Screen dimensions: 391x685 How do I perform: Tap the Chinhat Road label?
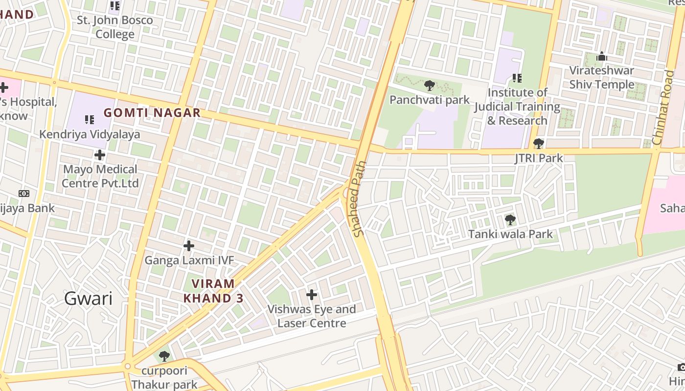point(663,108)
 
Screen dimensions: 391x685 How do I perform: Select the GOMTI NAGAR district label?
point(152,113)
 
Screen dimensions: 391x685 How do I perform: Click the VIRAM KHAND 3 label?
point(213,291)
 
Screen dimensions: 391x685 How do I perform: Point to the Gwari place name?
point(88,298)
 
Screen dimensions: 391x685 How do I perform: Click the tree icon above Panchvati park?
point(430,86)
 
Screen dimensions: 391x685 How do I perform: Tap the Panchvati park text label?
point(429,100)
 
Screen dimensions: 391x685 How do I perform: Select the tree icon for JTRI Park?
point(539,144)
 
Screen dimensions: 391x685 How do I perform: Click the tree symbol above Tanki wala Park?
point(510,220)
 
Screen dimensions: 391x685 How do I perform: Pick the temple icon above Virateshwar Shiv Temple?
point(601,57)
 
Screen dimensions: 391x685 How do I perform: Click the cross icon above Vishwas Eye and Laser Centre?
point(312,295)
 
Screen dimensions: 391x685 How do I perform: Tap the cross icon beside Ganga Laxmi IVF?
point(189,246)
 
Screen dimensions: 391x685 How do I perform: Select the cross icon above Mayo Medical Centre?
point(100,155)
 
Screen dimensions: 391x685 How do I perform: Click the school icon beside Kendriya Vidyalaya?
point(90,119)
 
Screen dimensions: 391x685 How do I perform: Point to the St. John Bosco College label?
point(115,27)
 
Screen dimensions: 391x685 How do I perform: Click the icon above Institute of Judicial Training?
point(517,78)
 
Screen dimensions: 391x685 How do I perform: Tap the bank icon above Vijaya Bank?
point(23,194)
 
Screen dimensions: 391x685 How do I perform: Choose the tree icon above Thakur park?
point(164,356)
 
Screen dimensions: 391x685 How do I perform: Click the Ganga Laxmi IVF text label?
point(189,261)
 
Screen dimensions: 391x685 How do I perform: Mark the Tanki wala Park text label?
point(510,234)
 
